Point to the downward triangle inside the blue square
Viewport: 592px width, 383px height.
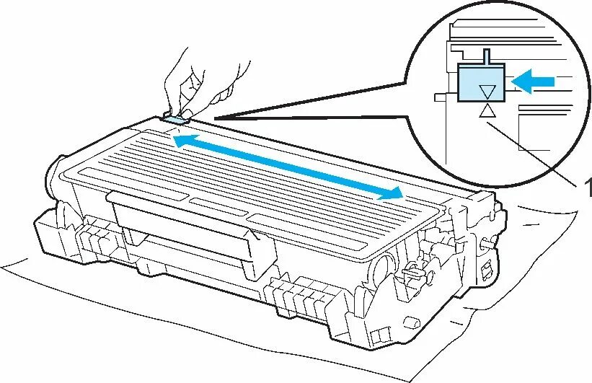pos(487,90)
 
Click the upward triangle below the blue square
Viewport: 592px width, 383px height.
pos(487,110)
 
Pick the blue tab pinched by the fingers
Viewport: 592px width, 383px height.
pos(175,113)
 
